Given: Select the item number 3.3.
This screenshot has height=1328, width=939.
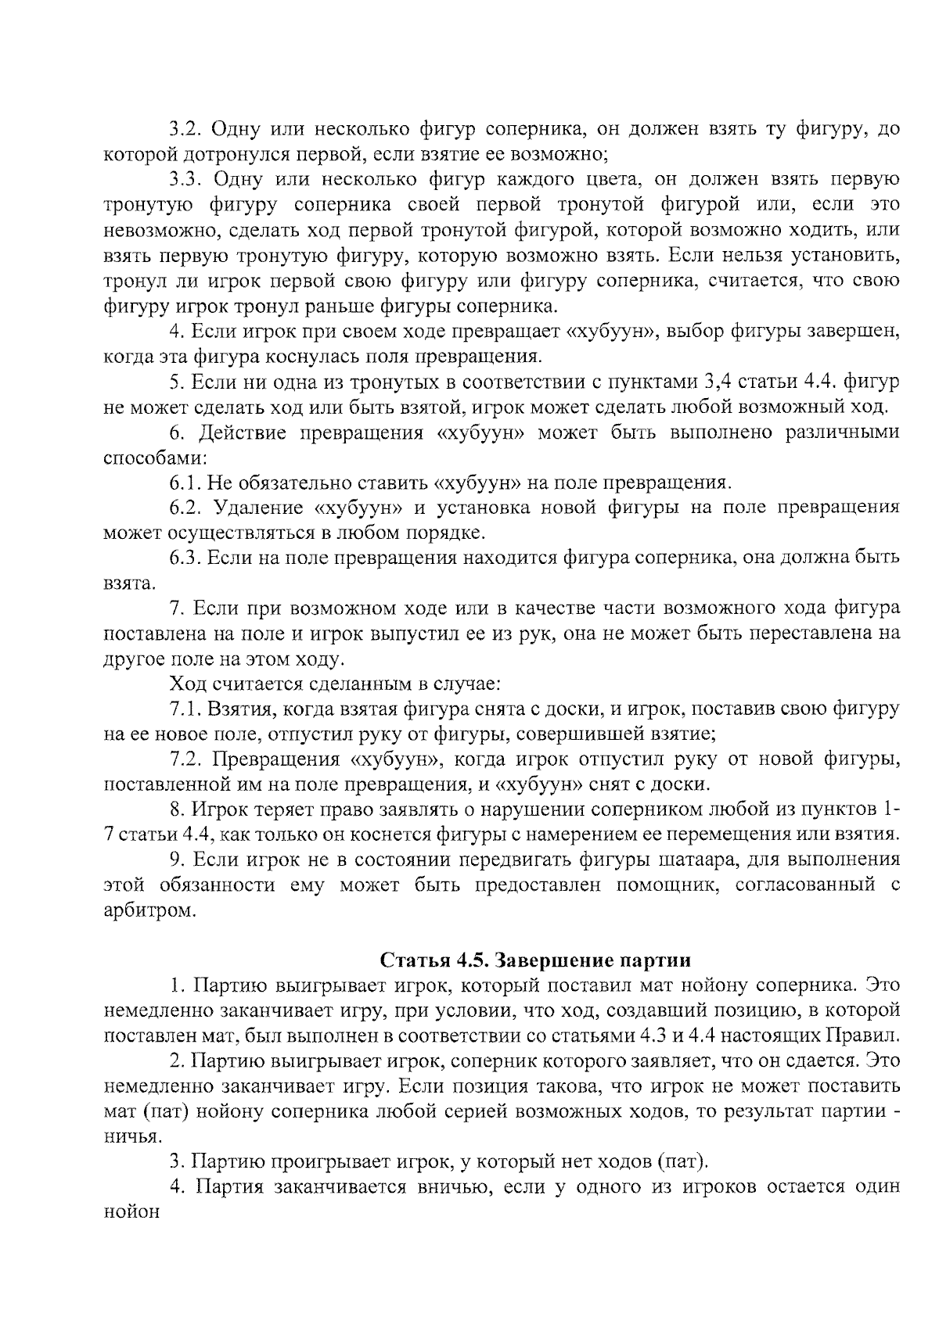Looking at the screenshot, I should coord(187,180).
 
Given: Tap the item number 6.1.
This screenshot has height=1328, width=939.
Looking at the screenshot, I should coord(185,483).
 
